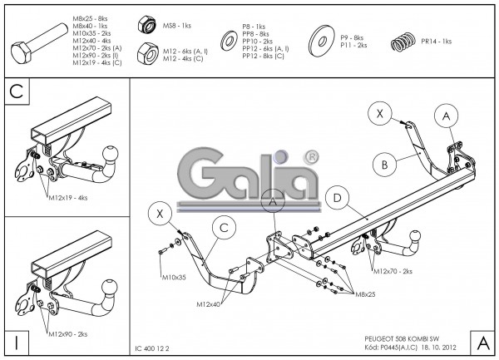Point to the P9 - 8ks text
[352, 37]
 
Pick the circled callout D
[337, 198]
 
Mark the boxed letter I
[16, 341]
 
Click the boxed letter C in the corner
[16, 91]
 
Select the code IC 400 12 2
[156, 348]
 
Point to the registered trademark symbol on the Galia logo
[311, 155]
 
